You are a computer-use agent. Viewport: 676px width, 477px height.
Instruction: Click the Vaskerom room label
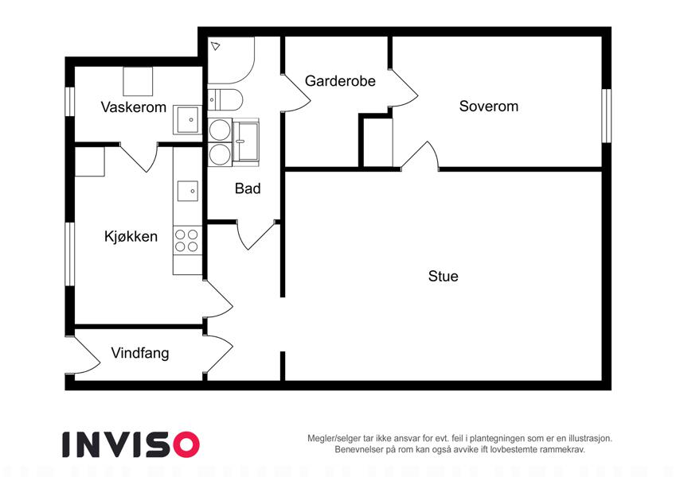point(133,107)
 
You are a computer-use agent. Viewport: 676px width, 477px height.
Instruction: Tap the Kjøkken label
point(131,236)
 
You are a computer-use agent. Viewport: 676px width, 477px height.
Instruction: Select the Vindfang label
point(139,353)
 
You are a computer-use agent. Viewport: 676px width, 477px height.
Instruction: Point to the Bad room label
point(248,188)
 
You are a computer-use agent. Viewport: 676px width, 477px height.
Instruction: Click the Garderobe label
point(340,81)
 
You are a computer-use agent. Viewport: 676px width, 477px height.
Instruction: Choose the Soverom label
point(488,107)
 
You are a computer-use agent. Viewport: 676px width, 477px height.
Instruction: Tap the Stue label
point(444,276)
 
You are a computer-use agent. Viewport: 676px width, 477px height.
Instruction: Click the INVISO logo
point(131,444)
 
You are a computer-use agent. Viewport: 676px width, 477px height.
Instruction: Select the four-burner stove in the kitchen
point(187,241)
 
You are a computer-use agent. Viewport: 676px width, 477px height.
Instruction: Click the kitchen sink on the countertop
point(188,191)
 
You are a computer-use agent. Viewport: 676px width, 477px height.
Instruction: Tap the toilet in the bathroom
point(225,99)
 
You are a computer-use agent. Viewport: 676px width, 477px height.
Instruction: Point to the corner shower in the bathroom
point(231,60)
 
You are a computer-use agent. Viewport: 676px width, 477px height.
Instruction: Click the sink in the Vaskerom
point(187,120)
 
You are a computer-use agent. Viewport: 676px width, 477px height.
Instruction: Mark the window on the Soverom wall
point(606,116)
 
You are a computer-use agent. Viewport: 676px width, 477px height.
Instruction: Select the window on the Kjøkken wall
point(70,254)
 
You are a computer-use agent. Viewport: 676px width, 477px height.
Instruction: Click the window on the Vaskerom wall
point(70,102)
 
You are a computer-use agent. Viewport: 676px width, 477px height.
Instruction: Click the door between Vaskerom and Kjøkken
point(139,157)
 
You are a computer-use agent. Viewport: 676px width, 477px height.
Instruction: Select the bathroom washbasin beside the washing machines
point(246,142)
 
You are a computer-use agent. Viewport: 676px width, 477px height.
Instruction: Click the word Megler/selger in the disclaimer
point(334,439)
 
